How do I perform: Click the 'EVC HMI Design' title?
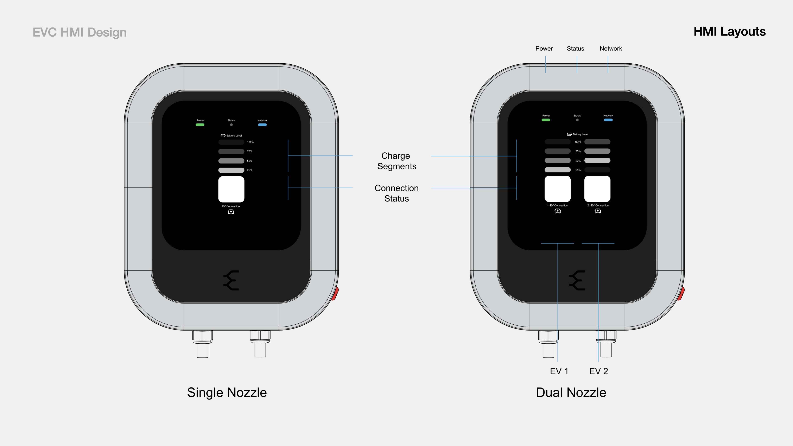80,32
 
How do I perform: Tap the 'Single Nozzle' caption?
227,393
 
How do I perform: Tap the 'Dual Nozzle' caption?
571,393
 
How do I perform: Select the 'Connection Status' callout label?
396,193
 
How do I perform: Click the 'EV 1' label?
559,371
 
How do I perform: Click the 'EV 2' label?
598,371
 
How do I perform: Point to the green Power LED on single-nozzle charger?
200,125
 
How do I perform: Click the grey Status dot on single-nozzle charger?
231,125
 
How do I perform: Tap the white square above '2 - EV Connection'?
597,189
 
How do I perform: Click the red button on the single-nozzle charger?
335,294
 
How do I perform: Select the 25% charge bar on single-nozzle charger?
231,170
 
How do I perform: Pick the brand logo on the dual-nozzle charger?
577,280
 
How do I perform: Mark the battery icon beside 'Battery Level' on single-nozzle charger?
223,135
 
